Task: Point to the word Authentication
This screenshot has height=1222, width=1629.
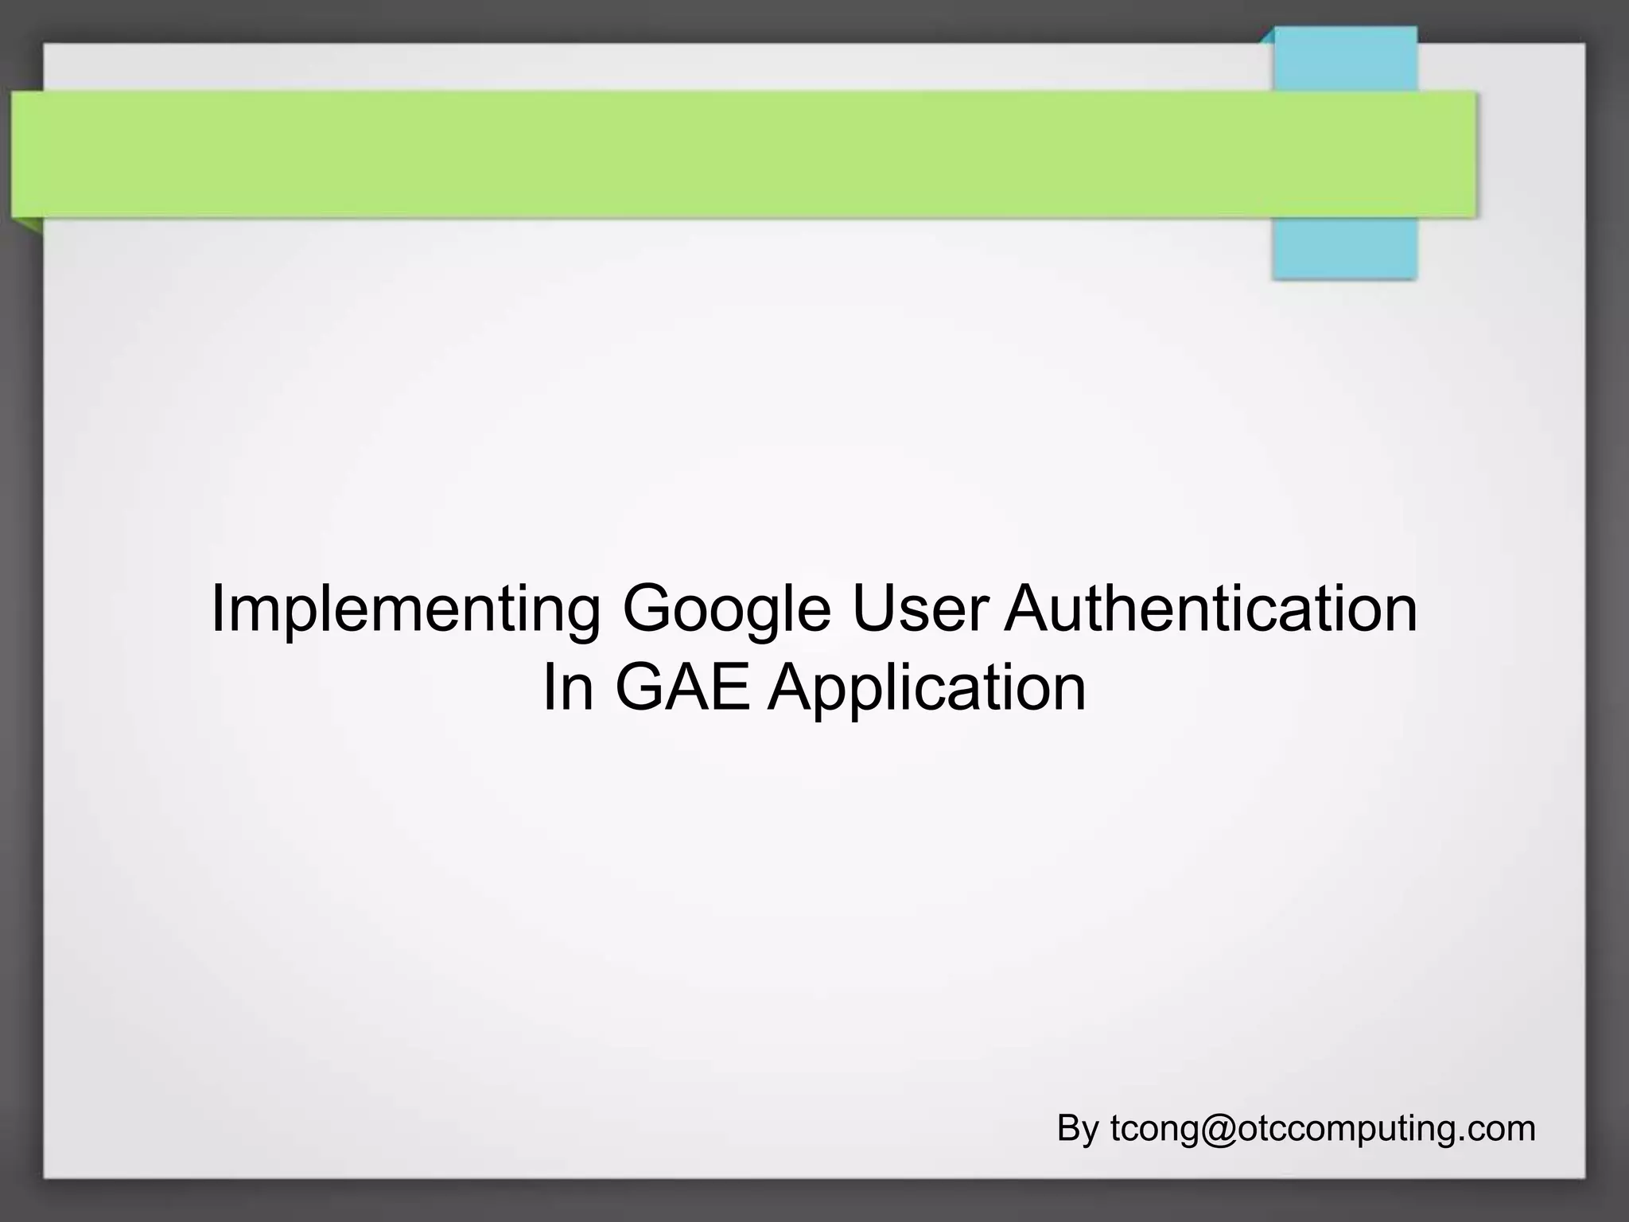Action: click(1211, 609)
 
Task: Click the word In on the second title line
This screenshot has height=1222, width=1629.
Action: click(568, 687)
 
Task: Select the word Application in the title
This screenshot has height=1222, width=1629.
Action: click(927, 689)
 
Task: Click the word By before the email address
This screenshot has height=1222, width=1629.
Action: click(1078, 1129)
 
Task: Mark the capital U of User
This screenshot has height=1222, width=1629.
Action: click(872, 609)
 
